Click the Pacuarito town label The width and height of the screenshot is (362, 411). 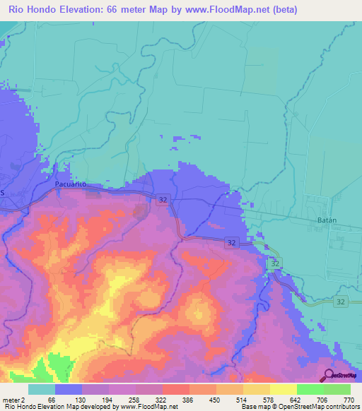pyautogui.click(x=70, y=184)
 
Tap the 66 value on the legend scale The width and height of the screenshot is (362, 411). pyautogui.click(x=51, y=400)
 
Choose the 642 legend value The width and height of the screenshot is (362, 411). pyautogui.click(x=293, y=400)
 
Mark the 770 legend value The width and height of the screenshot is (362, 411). pyautogui.click(x=348, y=400)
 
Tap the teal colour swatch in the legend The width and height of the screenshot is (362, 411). pyautogui.click(x=42, y=389)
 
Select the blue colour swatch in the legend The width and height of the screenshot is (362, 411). pyautogui.click(x=69, y=389)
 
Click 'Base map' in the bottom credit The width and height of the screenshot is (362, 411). pyautogui.click(x=255, y=407)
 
